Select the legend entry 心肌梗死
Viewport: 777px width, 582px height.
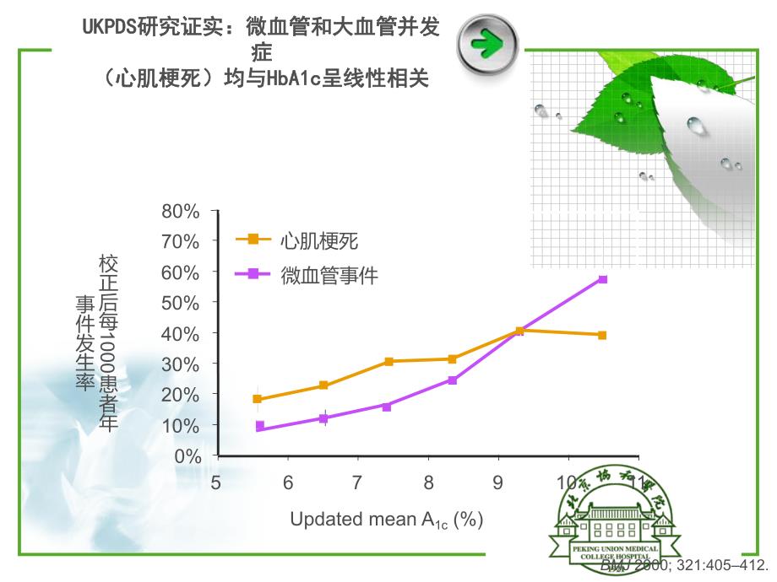point(319,240)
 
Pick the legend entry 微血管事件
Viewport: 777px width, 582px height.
point(329,274)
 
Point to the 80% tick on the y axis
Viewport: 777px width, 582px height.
point(181,211)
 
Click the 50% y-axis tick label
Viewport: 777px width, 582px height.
point(181,303)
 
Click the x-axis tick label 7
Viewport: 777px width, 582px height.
point(358,482)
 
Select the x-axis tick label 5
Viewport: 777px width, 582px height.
point(217,482)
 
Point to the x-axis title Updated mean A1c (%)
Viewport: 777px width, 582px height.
point(386,520)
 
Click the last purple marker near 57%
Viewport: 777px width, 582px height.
point(602,279)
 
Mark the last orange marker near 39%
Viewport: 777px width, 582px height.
point(602,335)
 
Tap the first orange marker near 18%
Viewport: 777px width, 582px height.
point(258,399)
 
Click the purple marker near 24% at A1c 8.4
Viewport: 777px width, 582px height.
point(453,380)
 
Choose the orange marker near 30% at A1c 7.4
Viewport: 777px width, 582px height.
point(388,361)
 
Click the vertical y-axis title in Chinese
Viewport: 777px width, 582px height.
point(97,342)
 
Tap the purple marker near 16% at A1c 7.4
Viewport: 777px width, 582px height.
point(387,407)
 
